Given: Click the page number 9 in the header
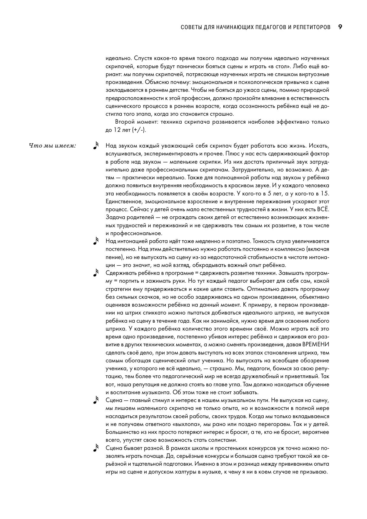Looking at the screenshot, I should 340,27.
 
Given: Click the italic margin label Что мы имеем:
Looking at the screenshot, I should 52,146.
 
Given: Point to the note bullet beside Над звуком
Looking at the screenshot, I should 96,146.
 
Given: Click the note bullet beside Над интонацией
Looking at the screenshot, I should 96,241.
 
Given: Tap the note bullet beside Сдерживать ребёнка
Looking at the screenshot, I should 96,273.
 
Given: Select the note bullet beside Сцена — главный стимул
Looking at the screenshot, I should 96,400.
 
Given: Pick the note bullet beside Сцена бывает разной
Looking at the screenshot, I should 96,448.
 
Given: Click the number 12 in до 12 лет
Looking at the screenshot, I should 117,130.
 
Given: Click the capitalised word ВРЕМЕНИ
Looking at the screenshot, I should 316,345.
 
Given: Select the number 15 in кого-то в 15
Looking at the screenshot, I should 325,194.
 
